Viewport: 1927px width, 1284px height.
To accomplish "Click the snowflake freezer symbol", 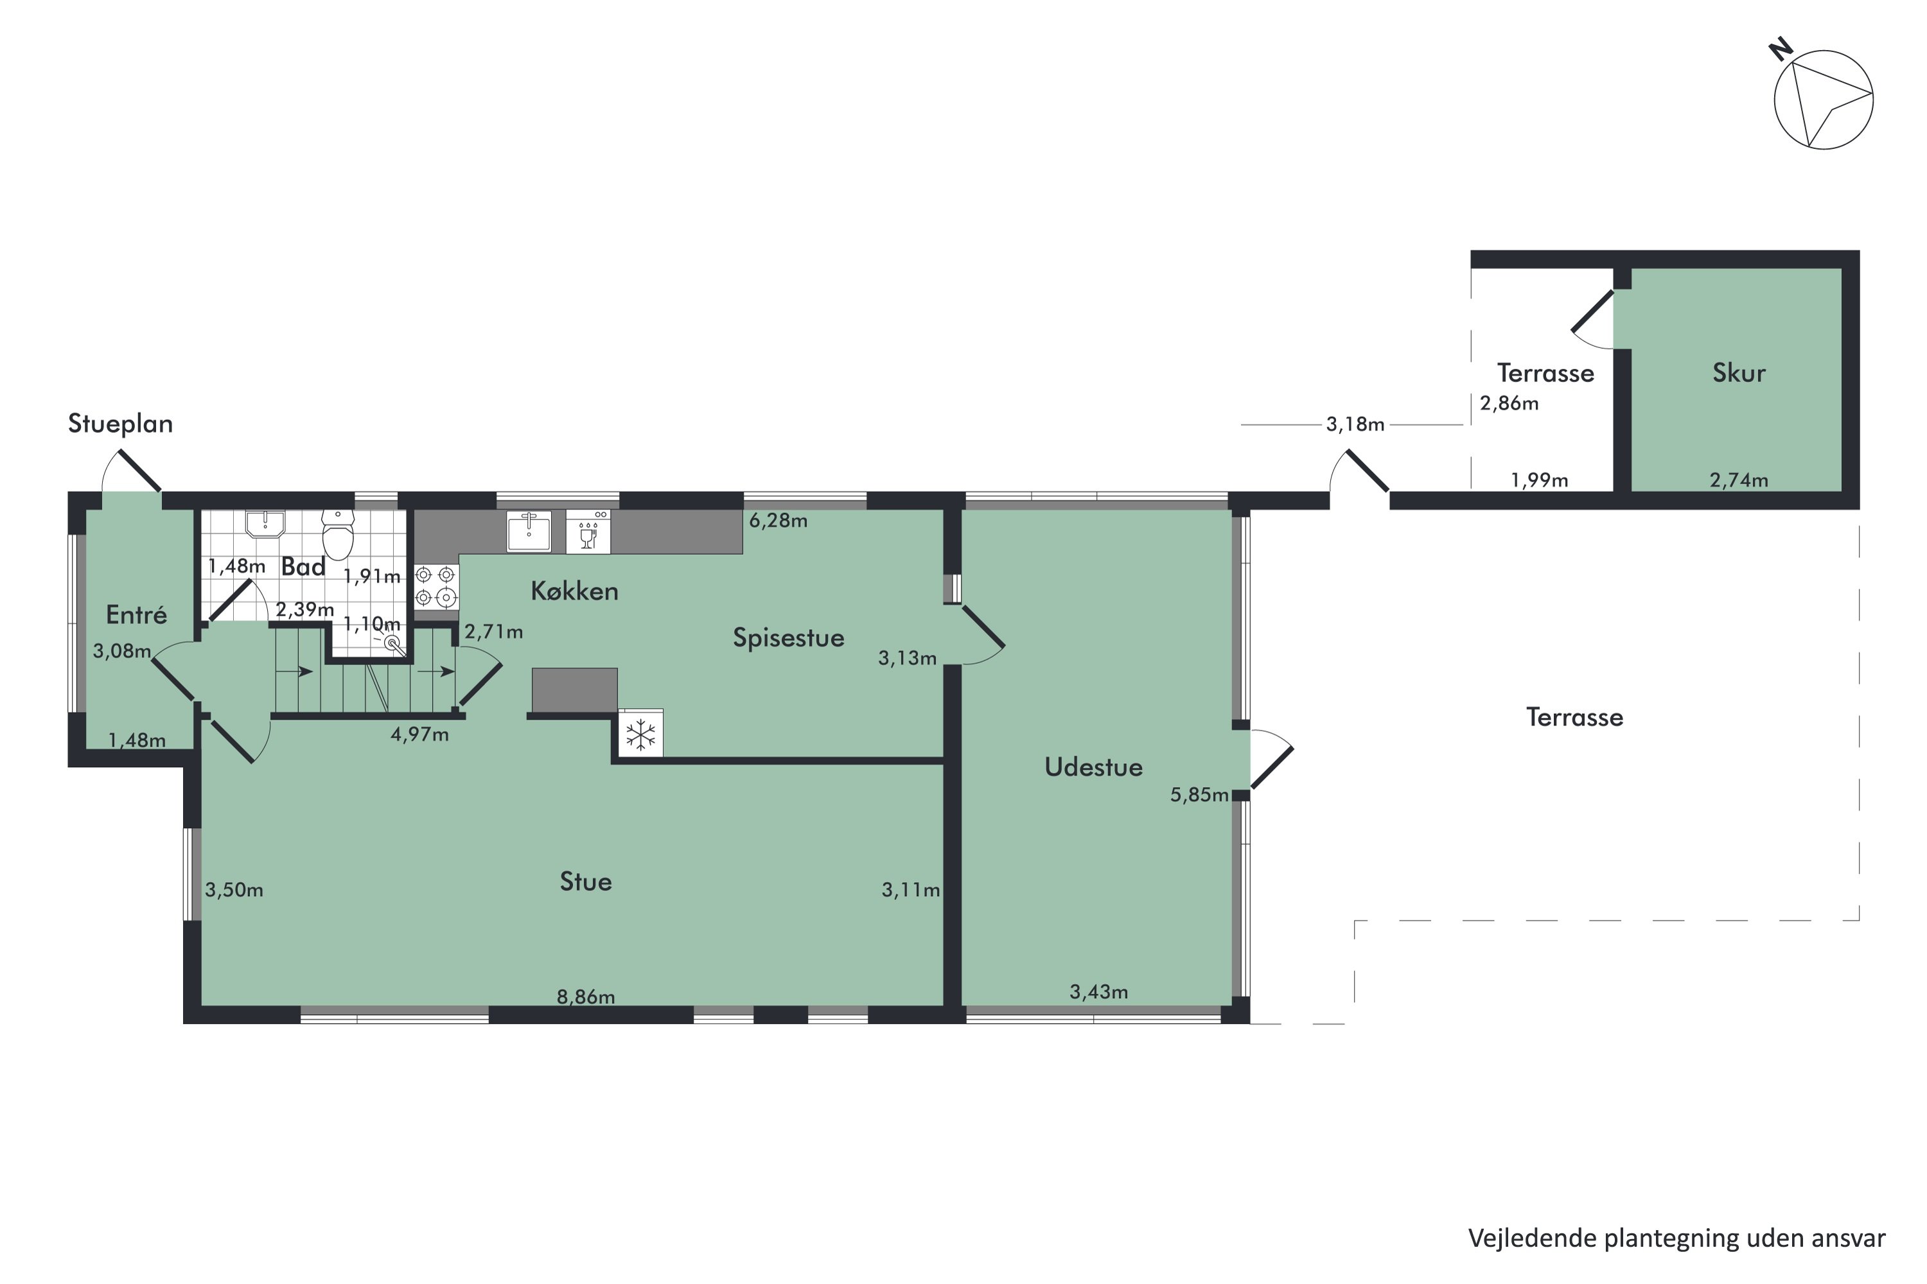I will click(x=640, y=734).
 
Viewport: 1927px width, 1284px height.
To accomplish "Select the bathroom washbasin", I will click(x=265, y=524).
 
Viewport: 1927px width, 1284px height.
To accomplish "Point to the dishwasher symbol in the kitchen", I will click(x=588, y=532).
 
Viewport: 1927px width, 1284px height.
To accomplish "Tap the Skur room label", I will click(x=1739, y=374).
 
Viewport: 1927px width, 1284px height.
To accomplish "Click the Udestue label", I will click(x=1093, y=767).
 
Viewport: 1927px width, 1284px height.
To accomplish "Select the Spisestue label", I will click(x=788, y=638).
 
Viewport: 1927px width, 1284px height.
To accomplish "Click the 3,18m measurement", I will click(x=1355, y=424).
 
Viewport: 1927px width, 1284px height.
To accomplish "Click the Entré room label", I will click(x=136, y=615).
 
